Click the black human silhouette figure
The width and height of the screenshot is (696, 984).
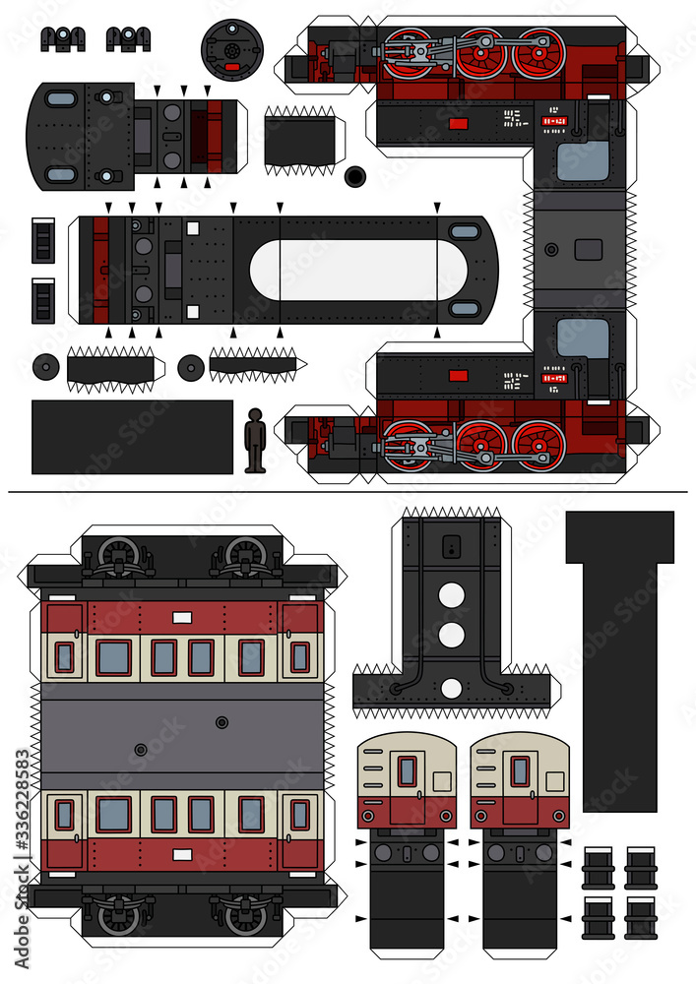click(x=255, y=439)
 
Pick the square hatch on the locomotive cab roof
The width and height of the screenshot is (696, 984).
click(x=588, y=249)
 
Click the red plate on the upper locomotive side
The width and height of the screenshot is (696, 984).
click(x=457, y=124)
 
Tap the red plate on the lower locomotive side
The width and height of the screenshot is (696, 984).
click(x=457, y=375)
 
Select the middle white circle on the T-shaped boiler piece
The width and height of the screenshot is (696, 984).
click(x=451, y=636)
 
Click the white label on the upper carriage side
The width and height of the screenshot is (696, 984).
click(x=182, y=617)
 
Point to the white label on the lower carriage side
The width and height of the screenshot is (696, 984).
click(x=182, y=854)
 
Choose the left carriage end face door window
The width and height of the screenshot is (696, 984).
click(x=407, y=771)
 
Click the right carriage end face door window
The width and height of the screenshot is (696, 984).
click(x=520, y=771)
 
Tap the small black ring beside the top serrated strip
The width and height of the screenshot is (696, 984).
click(x=354, y=177)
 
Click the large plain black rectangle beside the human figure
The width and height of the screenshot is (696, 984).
click(x=132, y=437)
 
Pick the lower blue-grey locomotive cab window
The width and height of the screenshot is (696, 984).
click(x=583, y=338)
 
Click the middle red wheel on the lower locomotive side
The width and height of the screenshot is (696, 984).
click(x=482, y=445)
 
